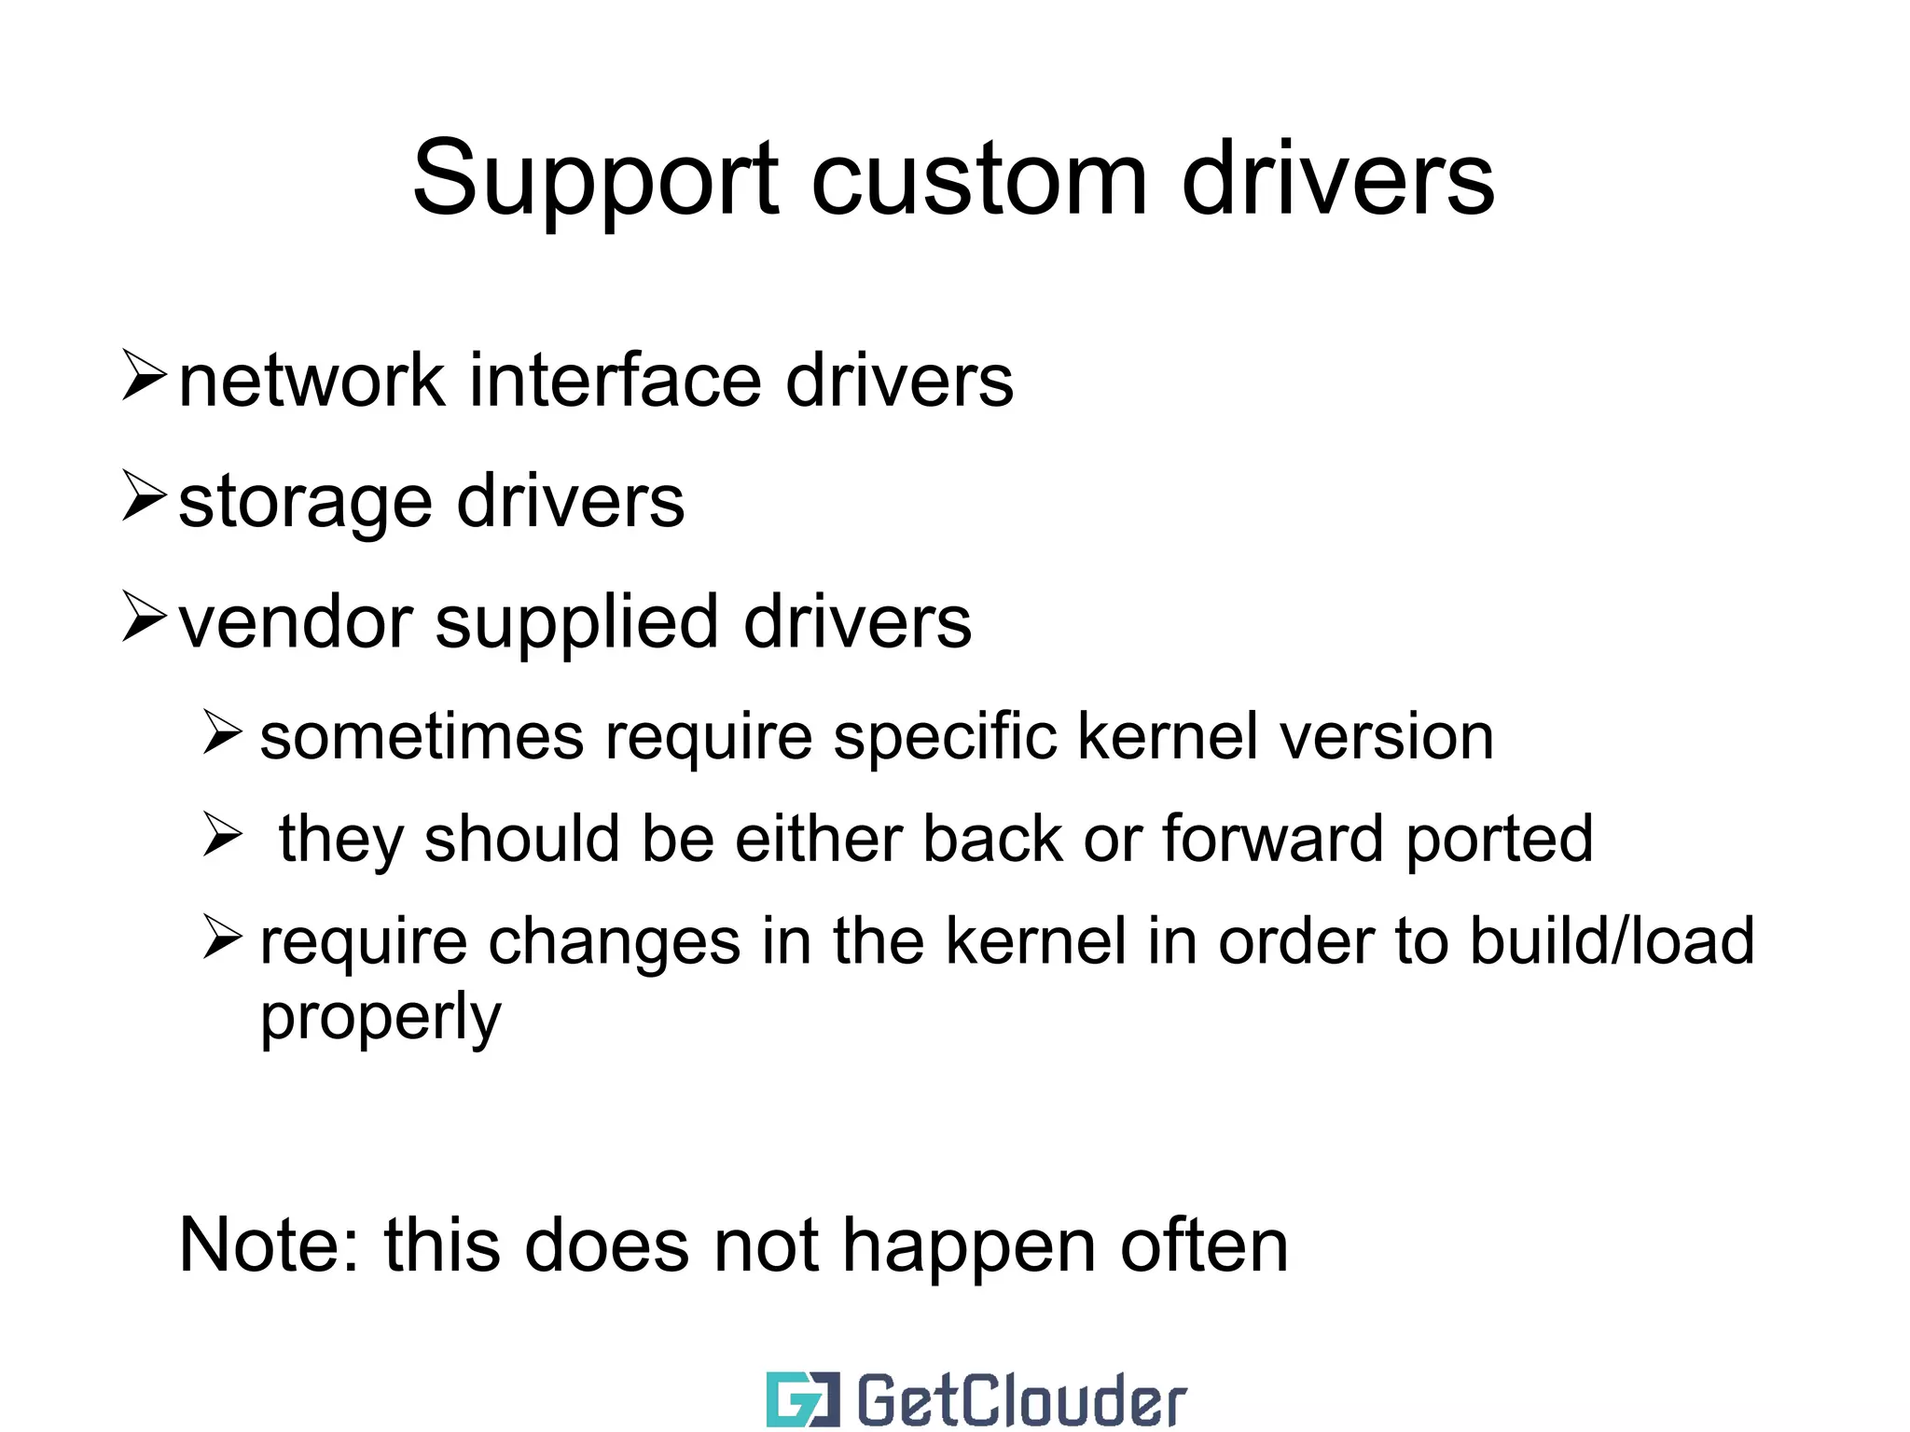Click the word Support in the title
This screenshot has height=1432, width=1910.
[595, 179]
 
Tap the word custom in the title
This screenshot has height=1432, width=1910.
[978, 179]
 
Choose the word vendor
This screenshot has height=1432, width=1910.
[295, 622]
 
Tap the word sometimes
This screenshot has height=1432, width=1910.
[422, 737]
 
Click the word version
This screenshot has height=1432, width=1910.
[1387, 737]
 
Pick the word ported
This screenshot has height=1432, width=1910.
[1499, 841]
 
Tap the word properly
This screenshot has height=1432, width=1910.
[381, 1019]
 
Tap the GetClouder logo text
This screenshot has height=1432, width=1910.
[1021, 1400]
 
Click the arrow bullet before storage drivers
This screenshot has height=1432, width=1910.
[144, 497]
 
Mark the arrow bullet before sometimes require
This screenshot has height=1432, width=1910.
[223, 733]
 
